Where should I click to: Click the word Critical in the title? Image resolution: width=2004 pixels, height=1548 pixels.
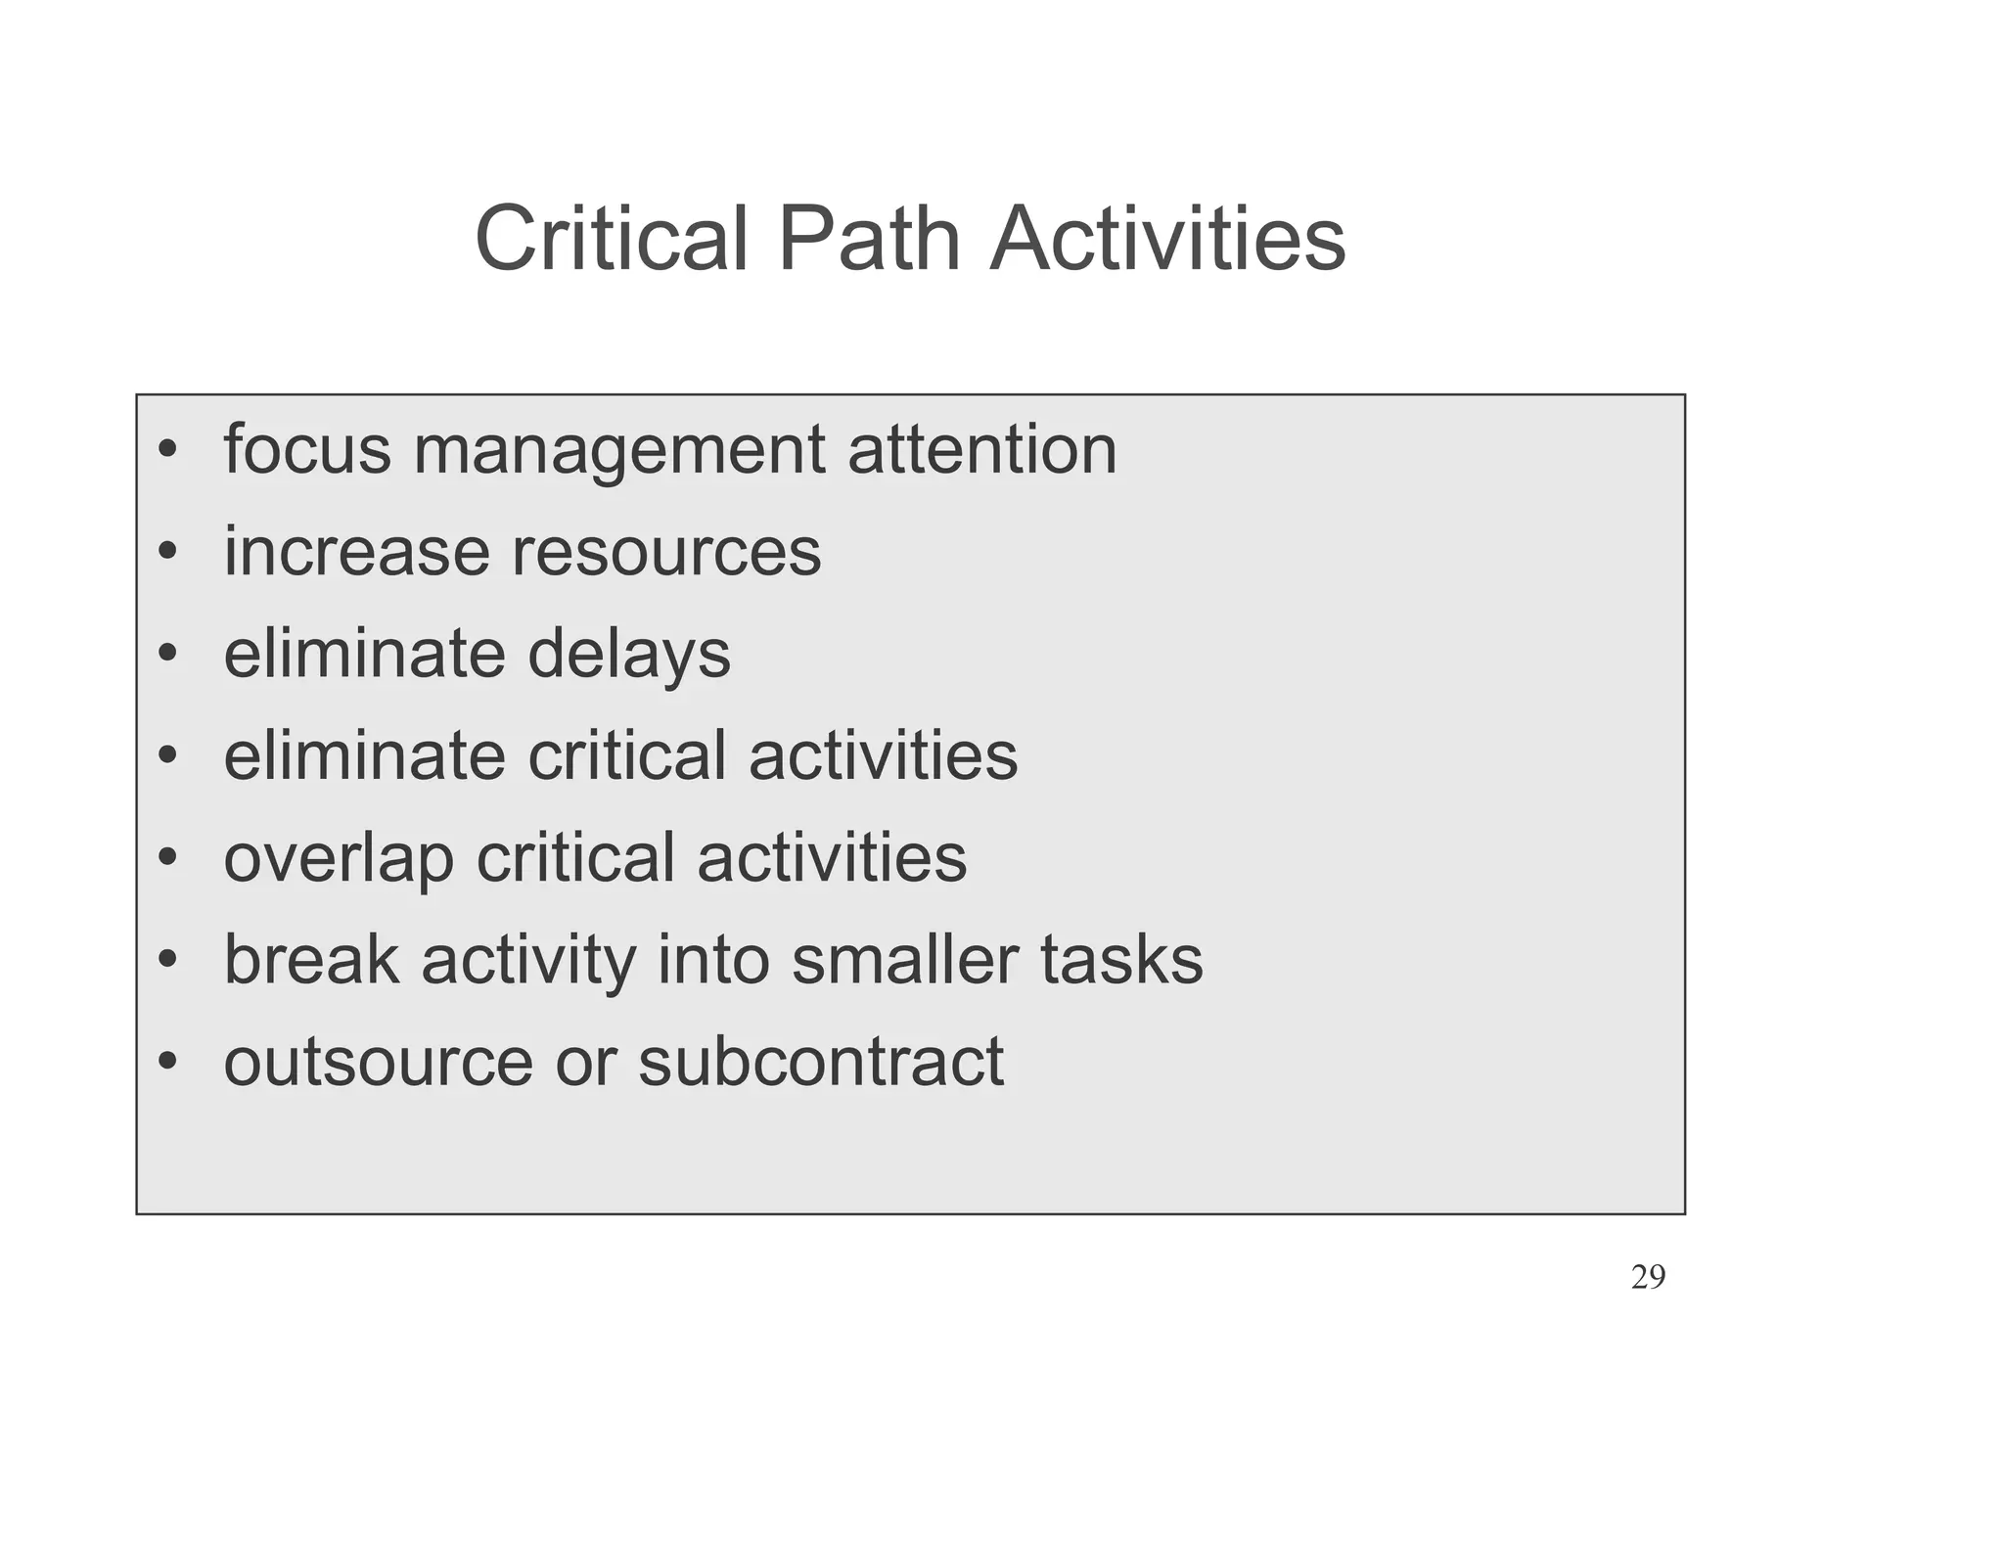click(x=611, y=240)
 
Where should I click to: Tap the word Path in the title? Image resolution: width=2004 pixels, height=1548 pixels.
click(x=869, y=240)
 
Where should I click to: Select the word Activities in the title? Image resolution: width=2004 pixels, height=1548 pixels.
click(x=1167, y=240)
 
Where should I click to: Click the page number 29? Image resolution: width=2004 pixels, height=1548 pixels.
click(x=1648, y=1278)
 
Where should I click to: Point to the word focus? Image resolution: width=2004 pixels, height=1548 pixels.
click(x=307, y=450)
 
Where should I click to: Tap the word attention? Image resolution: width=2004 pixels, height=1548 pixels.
click(x=981, y=450)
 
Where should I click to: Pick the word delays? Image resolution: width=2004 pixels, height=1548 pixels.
click(x=629, y=656)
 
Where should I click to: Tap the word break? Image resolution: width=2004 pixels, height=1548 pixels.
click(x=311, y=960)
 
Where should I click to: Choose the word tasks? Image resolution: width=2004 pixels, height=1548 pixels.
click(x=1121, y=960)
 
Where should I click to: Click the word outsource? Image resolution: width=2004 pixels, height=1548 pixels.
click(x=378, y=1063)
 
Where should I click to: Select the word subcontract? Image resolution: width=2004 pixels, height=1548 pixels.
click(x=821, y=1063)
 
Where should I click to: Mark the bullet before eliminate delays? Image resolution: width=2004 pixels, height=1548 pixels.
click(x=167, y=654)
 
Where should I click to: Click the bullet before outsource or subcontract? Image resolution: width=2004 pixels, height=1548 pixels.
click(x=167, y=1061)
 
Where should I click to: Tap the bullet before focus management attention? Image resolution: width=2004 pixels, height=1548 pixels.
click(x=167, y=450)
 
